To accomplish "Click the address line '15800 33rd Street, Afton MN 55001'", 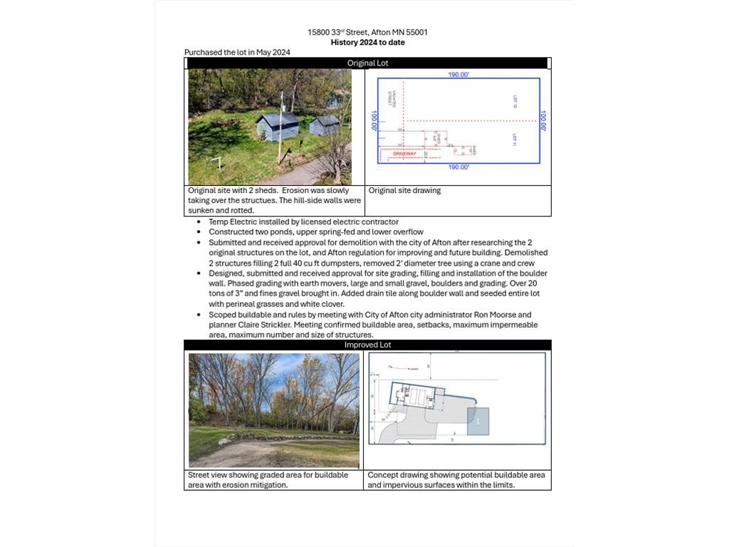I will pos(367,32).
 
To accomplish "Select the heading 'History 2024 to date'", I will pos(367,42).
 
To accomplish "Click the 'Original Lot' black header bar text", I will pos(367,63).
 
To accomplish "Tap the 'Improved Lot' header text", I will pos(367,345).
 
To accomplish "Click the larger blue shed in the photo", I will pos(277,126).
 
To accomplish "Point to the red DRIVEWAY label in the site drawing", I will pos(404,154).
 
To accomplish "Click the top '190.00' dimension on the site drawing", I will pos(458,74).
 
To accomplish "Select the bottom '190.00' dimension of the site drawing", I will pos(458,167).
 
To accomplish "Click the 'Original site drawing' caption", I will pos(404,191).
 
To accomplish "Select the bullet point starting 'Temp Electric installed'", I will pos(303,222).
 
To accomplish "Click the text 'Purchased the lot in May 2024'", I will pos(237,52).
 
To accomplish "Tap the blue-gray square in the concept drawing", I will pos(478,421).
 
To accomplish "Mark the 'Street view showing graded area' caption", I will pos(268,475).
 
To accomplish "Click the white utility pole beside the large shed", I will pos(281,125).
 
